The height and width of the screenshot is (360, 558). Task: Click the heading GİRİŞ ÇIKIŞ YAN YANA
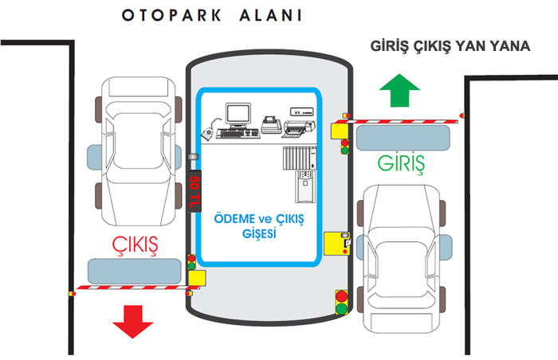pos(451,45)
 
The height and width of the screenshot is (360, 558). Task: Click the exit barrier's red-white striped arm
pos(132,287)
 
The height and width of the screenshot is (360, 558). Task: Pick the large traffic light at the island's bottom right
pos(343,302)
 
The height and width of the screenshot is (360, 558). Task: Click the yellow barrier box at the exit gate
pos(196,276)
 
